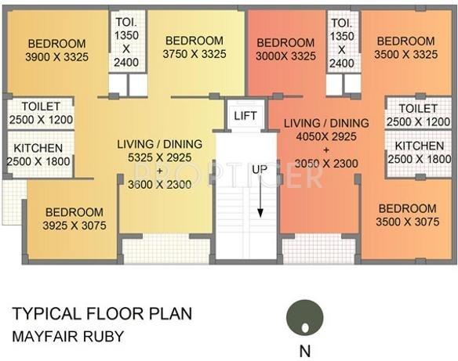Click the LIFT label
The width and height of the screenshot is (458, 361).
coord(245,116)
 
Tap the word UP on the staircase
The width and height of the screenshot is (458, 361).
coord(260,169)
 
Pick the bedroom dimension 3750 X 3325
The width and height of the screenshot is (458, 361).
coord(194,54)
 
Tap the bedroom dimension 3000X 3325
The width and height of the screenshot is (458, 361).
coord(285,56)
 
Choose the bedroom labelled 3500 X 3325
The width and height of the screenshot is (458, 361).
coord(405,54)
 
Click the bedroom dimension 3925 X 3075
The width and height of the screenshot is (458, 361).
coord(74,226)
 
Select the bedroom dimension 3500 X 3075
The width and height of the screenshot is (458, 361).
coord(407,222)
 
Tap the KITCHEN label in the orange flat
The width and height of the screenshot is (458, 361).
coord(419,146)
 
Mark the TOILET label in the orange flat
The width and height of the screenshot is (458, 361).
coord(418,108)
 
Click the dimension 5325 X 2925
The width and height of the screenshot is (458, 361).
coord(160,158)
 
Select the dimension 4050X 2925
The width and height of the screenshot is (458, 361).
coord(326,137)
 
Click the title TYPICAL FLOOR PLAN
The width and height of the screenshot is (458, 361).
coord(102,315)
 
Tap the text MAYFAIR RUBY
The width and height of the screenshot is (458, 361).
coord(67,338)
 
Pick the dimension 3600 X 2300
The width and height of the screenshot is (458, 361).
coord(160,186)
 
